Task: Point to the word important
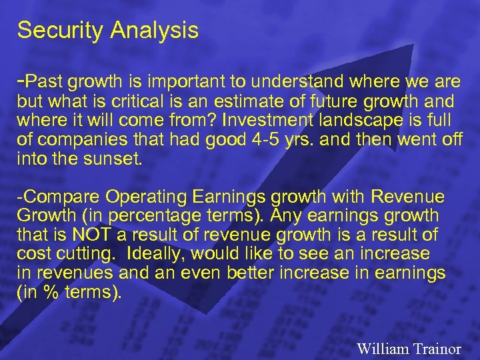(184, 82)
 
